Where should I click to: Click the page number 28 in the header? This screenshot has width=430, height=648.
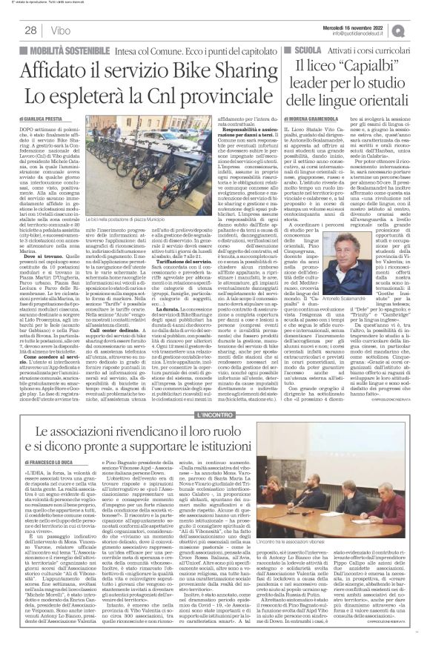click(30, 30)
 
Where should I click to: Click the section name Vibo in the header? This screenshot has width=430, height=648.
click(55, 30)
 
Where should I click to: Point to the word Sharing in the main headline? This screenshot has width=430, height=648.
click(229, 70)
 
